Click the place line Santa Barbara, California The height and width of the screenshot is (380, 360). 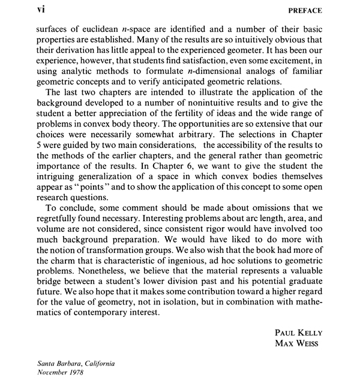(x=75, y=364)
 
